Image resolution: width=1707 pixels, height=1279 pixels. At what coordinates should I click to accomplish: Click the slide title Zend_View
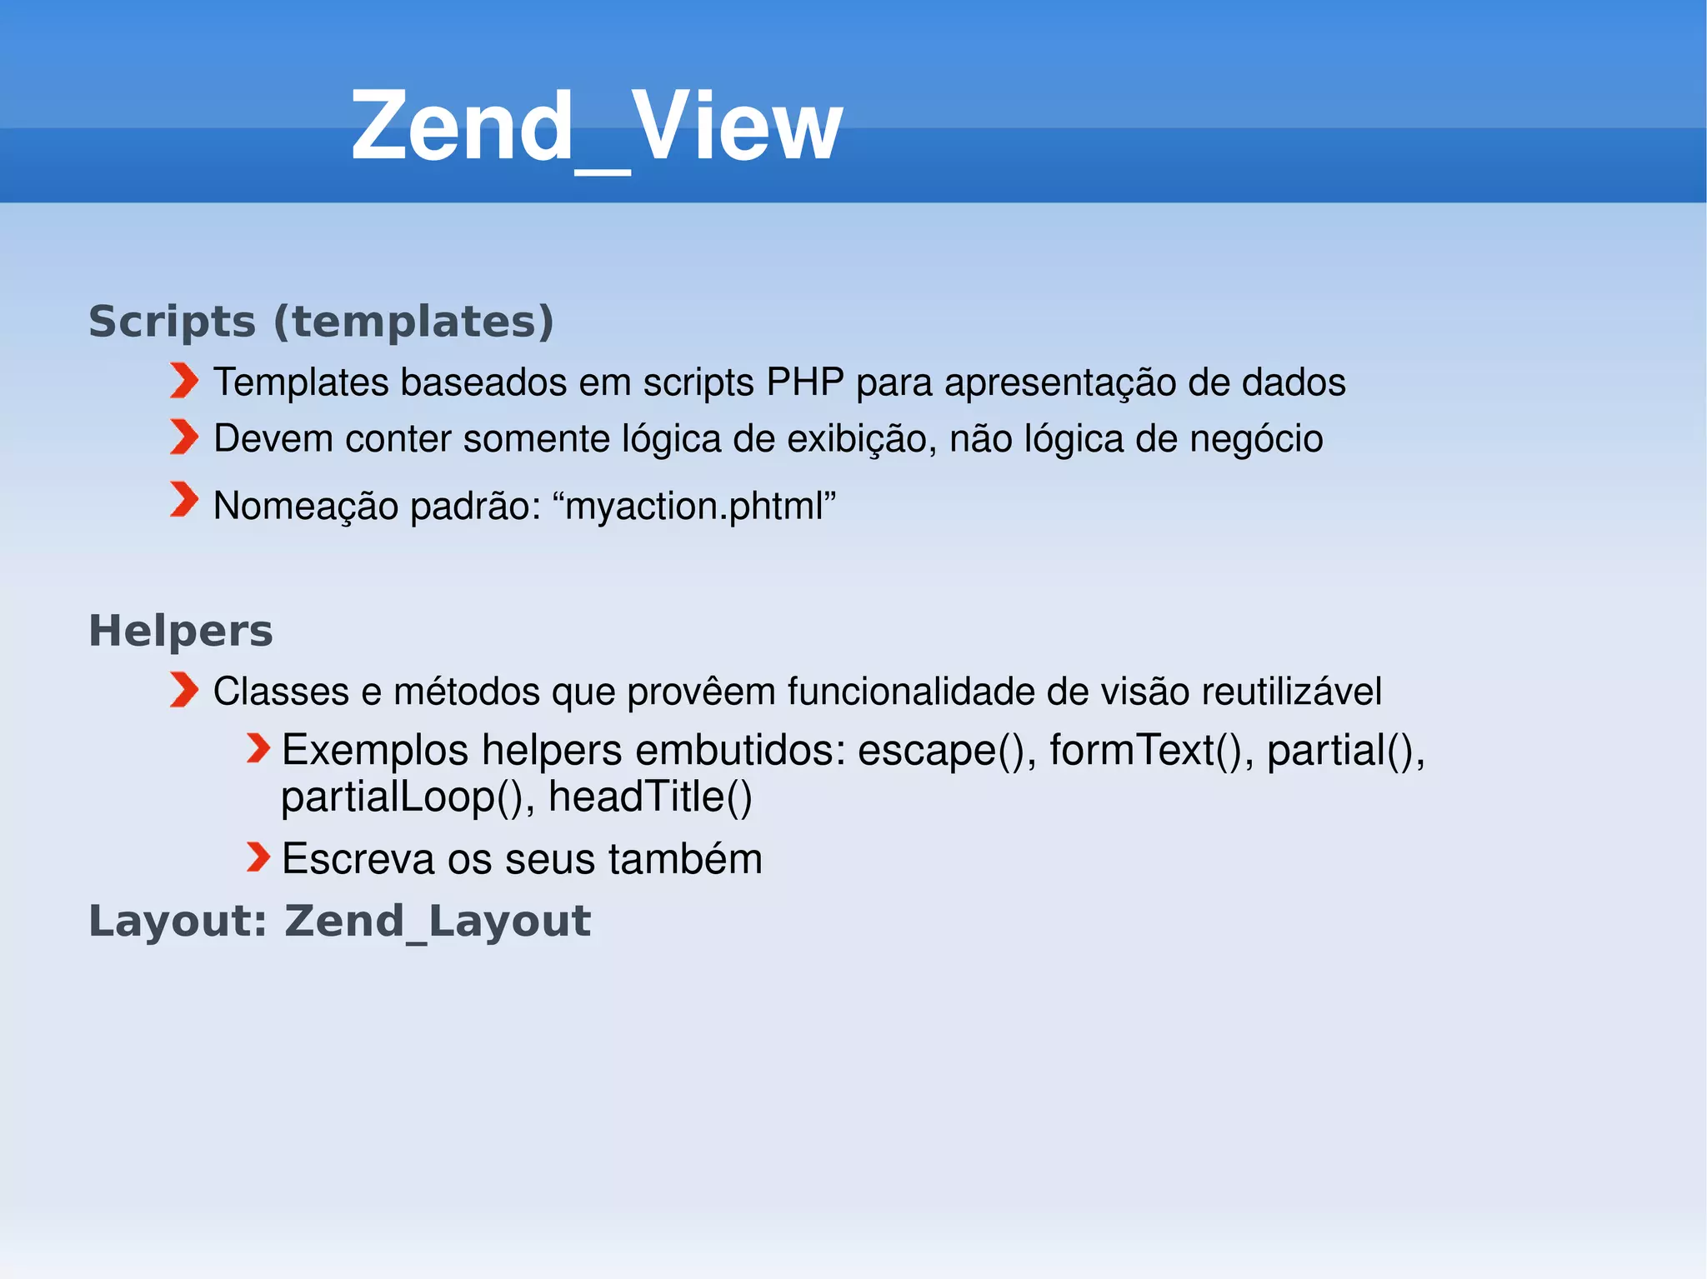pos(597,127)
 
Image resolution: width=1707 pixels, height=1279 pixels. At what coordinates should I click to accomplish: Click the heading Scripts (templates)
pos(321,322)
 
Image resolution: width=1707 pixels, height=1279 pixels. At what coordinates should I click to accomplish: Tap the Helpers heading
pos(181,631)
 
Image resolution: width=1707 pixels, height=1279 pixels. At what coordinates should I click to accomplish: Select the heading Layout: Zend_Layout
pos(340,922)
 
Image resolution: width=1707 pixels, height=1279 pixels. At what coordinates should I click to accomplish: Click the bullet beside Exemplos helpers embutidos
pos(258,748)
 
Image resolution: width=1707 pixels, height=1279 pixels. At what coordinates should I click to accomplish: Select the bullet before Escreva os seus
pos(258,857)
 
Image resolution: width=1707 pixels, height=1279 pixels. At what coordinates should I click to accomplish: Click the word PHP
pos(804,382)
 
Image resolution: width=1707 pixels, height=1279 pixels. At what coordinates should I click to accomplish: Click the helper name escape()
pos(946,751)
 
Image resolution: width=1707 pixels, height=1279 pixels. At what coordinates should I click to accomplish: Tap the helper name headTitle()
pos(650,797)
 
